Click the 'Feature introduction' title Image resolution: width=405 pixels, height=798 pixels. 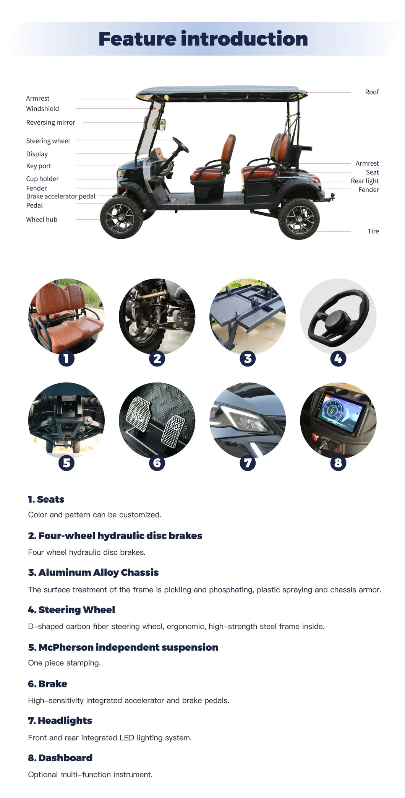coord(203,39)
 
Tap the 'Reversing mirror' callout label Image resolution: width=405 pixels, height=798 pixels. coord(50,122)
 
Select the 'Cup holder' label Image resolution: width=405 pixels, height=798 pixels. coord(42,179)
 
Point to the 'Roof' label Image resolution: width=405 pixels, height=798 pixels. coord(372,92)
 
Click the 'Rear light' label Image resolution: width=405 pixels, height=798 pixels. coord(364,181)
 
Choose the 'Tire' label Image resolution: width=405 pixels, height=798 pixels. coord(373,231)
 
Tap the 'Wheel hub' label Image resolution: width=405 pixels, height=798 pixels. coord(42,220)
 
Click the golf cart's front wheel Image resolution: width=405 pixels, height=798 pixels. coord(122,218)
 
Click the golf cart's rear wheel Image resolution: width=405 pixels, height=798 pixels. coord(299,218)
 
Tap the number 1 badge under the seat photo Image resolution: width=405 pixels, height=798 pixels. coord(66,358)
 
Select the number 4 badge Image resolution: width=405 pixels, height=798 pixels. coord(338,358)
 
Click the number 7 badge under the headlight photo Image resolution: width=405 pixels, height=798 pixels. coord(248,463)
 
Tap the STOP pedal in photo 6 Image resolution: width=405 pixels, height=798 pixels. coord(139,414)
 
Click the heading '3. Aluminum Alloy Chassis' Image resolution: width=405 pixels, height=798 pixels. coord(93,572)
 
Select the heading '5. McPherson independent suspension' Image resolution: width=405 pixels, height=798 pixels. coord(123,647)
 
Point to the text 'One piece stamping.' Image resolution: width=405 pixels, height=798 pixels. coord(64,663)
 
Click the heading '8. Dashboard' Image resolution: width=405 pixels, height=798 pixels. coord(60,758)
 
